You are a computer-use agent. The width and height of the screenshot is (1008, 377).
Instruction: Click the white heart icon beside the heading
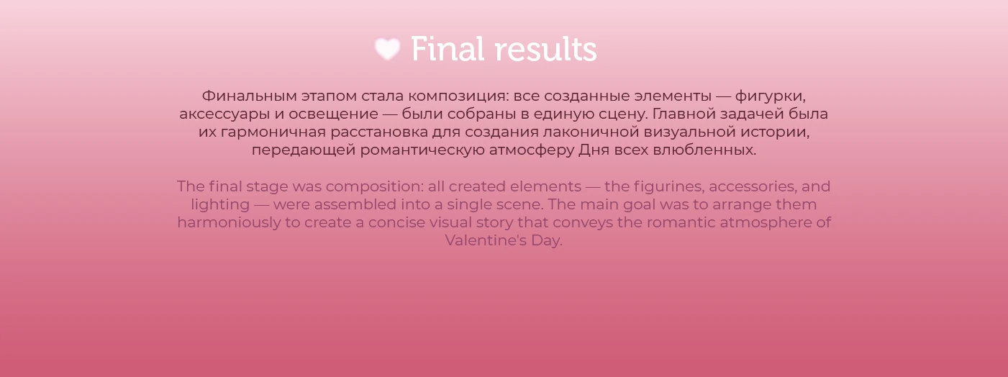tap(387, 49)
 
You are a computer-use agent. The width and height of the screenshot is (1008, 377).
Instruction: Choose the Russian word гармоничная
tap(271, 132)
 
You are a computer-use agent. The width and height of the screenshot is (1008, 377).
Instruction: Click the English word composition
tap(374, 186)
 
